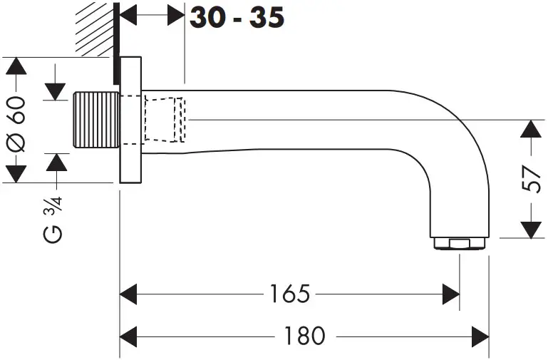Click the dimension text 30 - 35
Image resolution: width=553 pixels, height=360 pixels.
click(237, 17)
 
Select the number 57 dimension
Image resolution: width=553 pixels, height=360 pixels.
click(530, 179)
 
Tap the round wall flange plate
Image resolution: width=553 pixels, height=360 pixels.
click(130, 120)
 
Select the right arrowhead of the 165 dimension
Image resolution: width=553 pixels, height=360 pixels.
click(450, 293)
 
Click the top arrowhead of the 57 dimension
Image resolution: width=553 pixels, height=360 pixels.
click(530, 129)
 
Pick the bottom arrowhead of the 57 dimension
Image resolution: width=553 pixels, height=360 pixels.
click(530, 230)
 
